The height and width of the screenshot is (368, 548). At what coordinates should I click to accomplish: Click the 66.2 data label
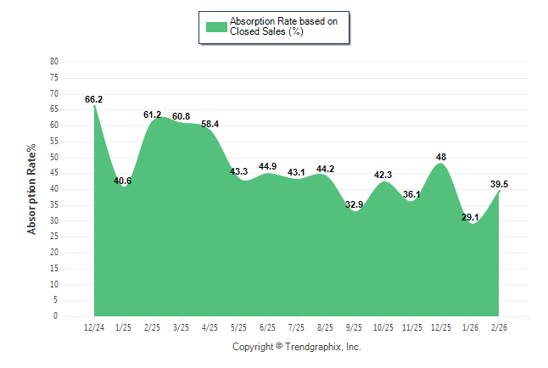pyautogui.click(x=94, y=99)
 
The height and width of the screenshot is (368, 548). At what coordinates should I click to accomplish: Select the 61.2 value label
pyautogui.click(x=153, y=114)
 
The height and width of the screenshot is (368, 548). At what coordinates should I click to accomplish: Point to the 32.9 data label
pyautogui.click(x=355, y=204)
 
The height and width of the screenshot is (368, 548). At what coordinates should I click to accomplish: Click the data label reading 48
pyautogui.click(x=441, y=157)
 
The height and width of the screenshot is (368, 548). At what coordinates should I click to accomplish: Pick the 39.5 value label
pyautogui.click(x=500, y=184)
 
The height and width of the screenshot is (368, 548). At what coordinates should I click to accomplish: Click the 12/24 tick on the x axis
pyautogui.click(x=94, y=327)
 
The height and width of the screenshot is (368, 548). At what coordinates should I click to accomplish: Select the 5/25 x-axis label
pyautogui.click(x=238, y=327)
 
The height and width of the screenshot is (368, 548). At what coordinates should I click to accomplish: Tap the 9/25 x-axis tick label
pyautogui.click(x=355, y=327)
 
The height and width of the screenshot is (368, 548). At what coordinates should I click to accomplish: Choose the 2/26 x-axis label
pyautogui.click(x=500, y=327)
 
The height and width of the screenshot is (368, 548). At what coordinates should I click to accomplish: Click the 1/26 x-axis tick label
pyautogui.click(x=471, y=327)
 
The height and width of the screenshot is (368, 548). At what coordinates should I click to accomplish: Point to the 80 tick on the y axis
pyautogui.click(x=54, y=62)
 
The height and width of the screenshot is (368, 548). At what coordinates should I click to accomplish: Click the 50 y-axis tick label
pyautogui.click(x=54, y=158)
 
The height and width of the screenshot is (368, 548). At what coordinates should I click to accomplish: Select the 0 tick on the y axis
pyautogui.click(x=56, y=316)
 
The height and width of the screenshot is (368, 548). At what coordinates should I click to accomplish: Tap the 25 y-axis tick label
pyautogui.click(x=54, y=237)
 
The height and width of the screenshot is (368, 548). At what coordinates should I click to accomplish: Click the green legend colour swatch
pyautogui.click(x=216, y=26)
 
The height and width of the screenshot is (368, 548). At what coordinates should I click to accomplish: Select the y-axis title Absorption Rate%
pyautogui.click(x=32, y=189)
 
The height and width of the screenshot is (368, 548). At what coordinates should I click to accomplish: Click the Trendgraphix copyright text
pyautogui.click(x=297, y=347)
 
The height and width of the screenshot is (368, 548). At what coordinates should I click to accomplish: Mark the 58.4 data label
pyautogui.click(x=210, y=124)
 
